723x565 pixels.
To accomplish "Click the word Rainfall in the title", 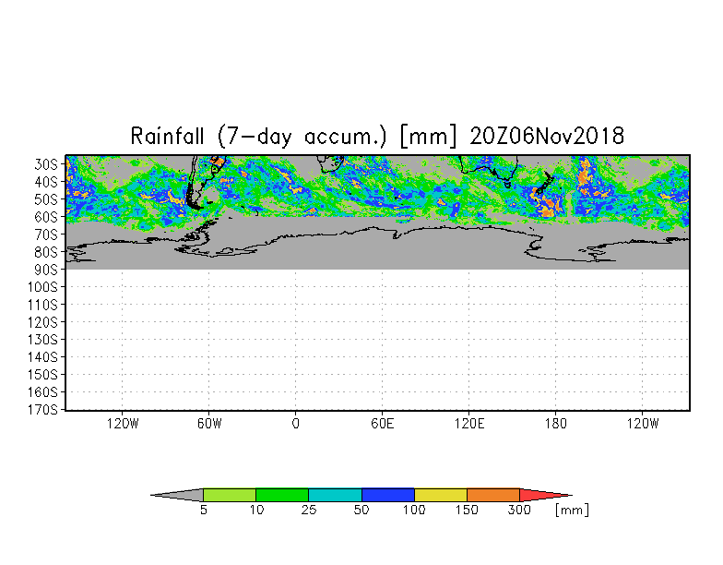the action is click(x=167, y=137).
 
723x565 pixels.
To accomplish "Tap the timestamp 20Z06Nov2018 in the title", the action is click(x=547, y=137).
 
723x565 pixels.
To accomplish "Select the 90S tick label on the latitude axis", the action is click(x=46, y=270).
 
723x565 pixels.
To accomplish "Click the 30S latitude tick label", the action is click(x=46, y=164).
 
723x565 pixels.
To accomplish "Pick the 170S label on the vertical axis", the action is click(x=42, y=410).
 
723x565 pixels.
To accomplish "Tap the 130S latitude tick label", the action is click(x=42, y=340).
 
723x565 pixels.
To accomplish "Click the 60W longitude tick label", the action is click(x=208, y=423).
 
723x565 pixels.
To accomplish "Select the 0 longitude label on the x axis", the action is click(x=295, y=423).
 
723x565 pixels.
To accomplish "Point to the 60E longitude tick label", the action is click(x=382, y=423).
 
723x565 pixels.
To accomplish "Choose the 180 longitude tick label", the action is click(x=555, y=423).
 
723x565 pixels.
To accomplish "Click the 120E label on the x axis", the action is click(x=468, y=423).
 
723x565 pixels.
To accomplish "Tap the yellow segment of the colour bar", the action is click(x=441, y=495).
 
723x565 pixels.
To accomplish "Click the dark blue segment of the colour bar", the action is click(x=387, y=495).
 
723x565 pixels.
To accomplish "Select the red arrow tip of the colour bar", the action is click(x=546, y=495).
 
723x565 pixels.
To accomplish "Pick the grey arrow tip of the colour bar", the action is click(x=177, y=495).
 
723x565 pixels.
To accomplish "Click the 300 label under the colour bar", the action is click(x=519, y=510).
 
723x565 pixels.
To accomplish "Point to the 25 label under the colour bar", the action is click(x=308, y=510).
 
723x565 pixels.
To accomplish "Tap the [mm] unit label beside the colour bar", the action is click(x=572, y=510).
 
